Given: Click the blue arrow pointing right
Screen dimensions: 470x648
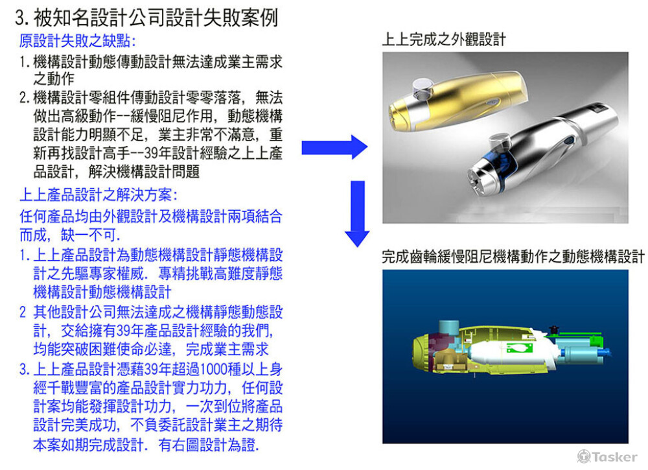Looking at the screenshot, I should (334, 148).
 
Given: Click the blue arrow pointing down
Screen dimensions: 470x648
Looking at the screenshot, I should (356, 214).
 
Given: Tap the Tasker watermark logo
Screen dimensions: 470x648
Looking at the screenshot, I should (607, 456).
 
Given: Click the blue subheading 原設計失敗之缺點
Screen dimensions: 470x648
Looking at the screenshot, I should (77, 41).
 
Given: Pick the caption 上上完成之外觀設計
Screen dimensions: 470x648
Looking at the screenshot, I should (444, 40).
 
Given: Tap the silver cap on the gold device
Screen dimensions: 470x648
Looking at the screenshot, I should (423, 84).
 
